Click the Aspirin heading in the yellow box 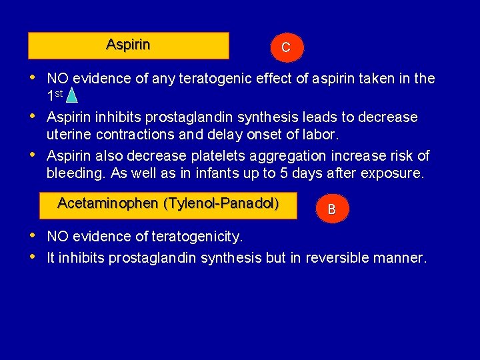click(x=128, y=45)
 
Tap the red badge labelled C click(x=285, y=47)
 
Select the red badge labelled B click(x=331, y=209)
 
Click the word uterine click(x=68, y=135)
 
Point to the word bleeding click(x=72, y=175)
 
